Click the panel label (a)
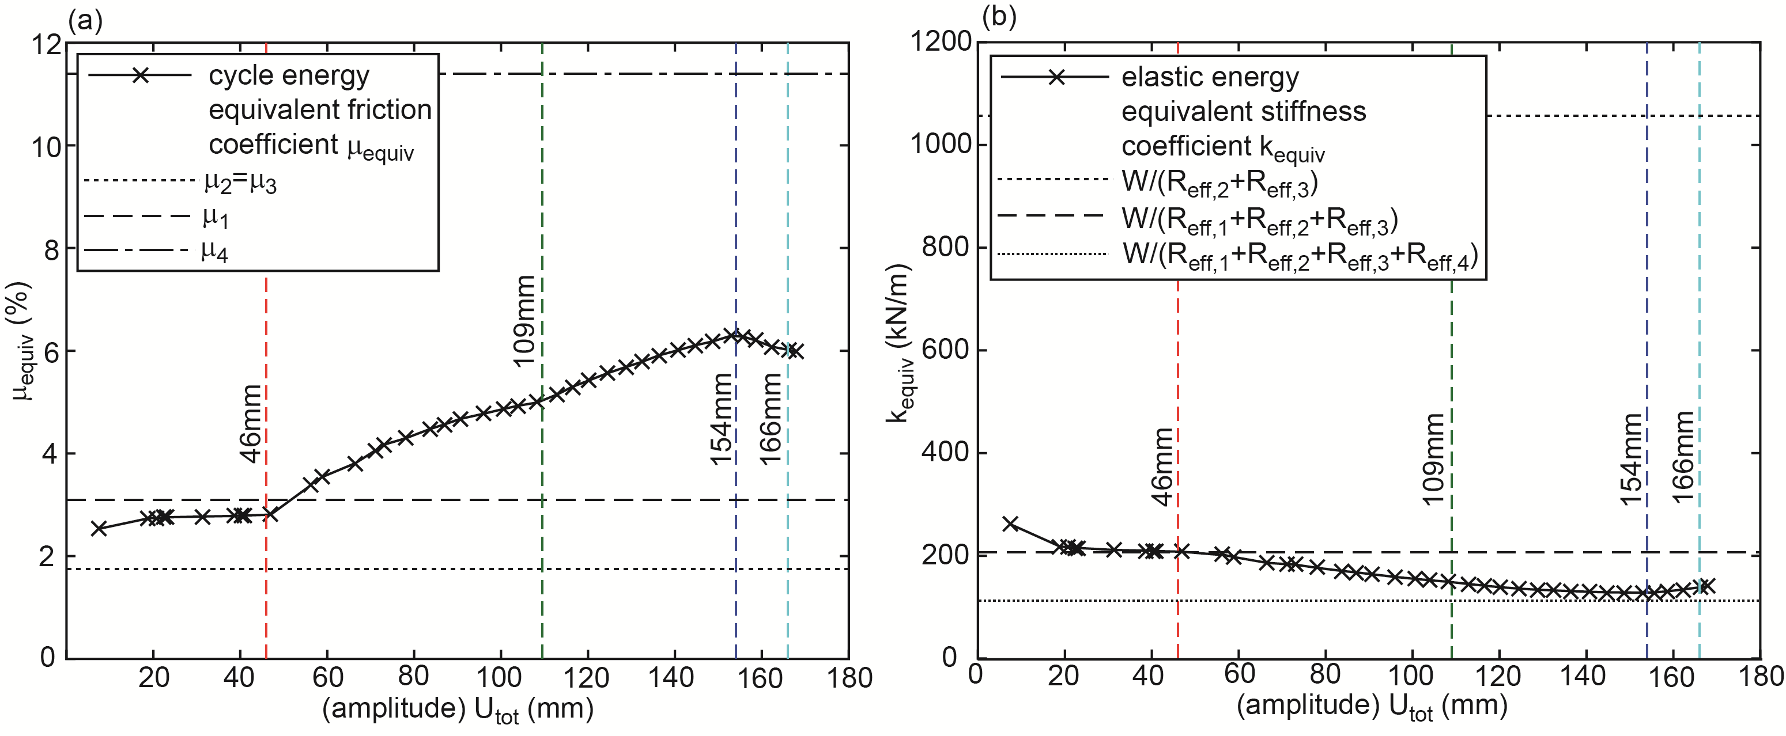pyautogui.click(x=85, y=21)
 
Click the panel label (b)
pyautogui.click(x=999, y=17)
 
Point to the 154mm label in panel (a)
pyautogui.click(x=721, y=419)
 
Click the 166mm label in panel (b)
pyautogui.click(x=1683, y=458)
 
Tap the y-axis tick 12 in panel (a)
pyautogui.click(x=47, y=44)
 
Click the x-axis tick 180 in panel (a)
pyautogui.click(x=849, y=677)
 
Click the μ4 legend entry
pyautogui.click(x=215, y=251)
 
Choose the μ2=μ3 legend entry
pyautogui.click(x=240, y=182)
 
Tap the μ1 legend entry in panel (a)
pyautogui.click(x=216, y=217)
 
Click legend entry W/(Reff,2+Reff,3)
pyautogui.click(x=1219, y=182)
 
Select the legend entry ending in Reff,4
pyautogui.click(x=1300, y=255)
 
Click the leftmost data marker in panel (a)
pyautogui.click(x=99, y=528)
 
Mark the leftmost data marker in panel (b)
pyautogui.click(x=1011, y=524)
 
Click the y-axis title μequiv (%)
pyautogui.click(x=22, y=341)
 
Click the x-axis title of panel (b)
pyautogui.click(x=1372, y=706)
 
